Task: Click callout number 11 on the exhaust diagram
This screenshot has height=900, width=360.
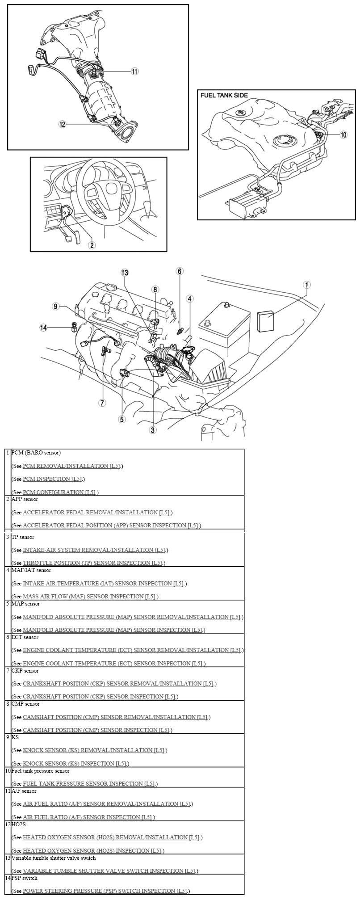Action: coord(134,71)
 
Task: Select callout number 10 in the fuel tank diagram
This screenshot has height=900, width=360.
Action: coord(343,135)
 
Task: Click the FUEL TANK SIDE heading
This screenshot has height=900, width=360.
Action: coord(224,95)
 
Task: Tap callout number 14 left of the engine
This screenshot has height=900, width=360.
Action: coord(43,328)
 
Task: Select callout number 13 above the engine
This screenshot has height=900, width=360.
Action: coord(125,273)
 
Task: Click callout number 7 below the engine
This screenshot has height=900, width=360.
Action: coord(102,403)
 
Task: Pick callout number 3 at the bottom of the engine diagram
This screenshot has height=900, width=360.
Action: coord(153,430)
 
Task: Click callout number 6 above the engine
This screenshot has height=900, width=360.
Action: coord(180,271)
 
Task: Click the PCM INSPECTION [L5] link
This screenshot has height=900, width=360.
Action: coord(52,479)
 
